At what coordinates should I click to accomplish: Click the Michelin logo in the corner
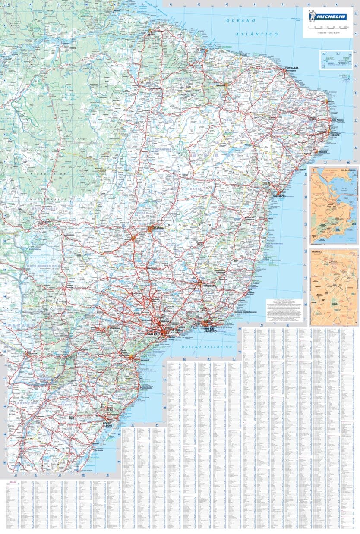328,17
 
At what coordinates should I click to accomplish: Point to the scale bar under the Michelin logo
328,27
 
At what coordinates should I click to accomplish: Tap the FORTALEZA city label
292,68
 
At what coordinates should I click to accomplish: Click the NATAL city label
331,102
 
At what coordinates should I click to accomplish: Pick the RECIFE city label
336,135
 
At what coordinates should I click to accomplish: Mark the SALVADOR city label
279,196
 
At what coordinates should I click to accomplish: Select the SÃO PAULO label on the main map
155,334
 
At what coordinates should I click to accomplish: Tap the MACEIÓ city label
322,152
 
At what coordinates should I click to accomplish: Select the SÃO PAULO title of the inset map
317,251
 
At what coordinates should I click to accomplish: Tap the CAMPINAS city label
165,322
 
